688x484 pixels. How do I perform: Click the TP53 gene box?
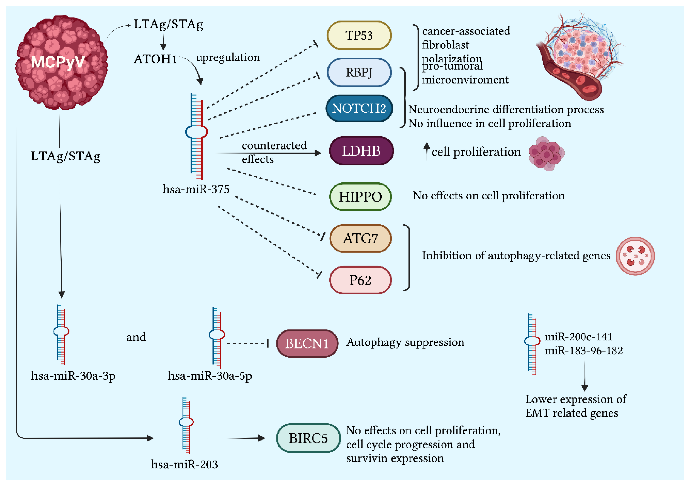tap(359, 35)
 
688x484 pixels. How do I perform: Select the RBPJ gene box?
tap(359, 72)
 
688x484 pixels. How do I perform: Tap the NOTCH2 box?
tap(359, 108)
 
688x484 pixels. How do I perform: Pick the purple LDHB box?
tap(361, 151)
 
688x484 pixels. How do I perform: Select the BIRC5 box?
tap(308, 438)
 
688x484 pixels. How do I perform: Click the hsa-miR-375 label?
tap(196, 189)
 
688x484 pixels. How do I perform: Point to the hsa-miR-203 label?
tap(184, 464)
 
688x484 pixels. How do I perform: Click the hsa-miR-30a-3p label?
tap(73, 376)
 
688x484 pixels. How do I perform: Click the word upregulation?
tap(228, 57)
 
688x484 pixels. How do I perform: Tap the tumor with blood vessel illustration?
tap(578, 57)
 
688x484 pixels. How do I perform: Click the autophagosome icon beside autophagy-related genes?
tap(635, 256)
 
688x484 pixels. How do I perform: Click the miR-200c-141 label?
tap(578, 337)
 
